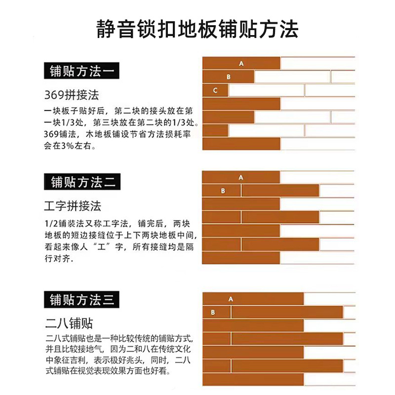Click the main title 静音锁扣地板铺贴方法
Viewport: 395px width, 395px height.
pyautogui.click(x=197, y=29)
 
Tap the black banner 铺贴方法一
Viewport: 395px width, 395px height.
pyautogui.click(x=82, y=72)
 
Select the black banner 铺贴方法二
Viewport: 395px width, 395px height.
pyautogui.click(x=82, y=182)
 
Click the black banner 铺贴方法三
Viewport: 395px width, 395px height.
pyautogui.click(x=82, y=299)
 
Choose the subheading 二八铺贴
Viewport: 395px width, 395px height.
pyautogui.click(x=69, y=323)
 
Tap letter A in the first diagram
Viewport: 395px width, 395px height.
pyautogui.click(x=241, y=64)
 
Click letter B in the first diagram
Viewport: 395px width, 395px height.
pyautogui.click(x=229, y=77)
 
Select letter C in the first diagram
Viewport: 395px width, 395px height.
pyautogui.click(x=215, y=90)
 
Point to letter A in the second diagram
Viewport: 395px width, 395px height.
pyautogui.click(x=241, y=177)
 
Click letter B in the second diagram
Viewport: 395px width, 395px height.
pyautogui.click(x=223, y=191)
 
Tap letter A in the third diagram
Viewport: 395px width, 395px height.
pyautogui.click(x=231, y=299)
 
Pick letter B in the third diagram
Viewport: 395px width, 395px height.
pyautogui.click(x=213, y=313)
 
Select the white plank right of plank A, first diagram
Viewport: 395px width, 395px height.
pyautogui.click(x=317, y=64)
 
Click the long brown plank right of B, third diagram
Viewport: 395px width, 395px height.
pyautogui.click(x=287, y=313)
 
